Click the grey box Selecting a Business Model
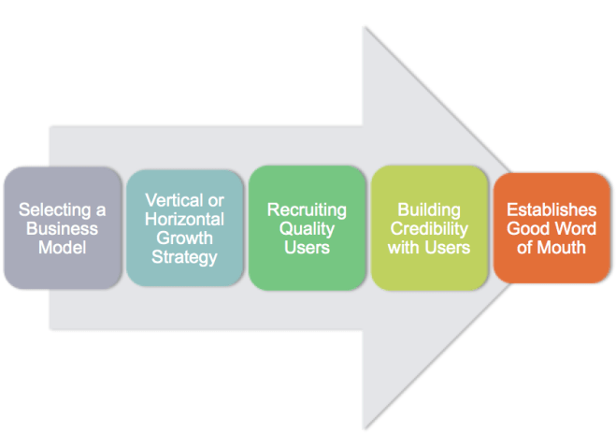pyautogui.click(x=63, y=227)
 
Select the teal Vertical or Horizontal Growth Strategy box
pyautogui.click(x=184, y=227)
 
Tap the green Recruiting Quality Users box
pyautogui.click(x=307, y=227)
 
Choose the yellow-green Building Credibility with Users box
pyautogui.click(x=429, y=227)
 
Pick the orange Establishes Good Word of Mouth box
pyautogui.click(x=552, y=227)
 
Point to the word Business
pyautogui.click(x=63, y=228)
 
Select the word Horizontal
pyautogui.click(x=184, y=219)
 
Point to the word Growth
pyautogui.click(x=184, y=237)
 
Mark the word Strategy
pyautogui.click(x=184, y=255)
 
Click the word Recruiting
pyautogui.click(x=307, y=210)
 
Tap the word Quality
pyautogui.click(x=307, y=228)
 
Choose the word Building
pyautogui.click(x=429, y=210)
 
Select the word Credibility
pyautogui.click(x=429, y=228)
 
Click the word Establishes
pyautogui.click(x=552, y=210)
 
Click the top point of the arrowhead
pyautogui.click(x=365, y=27)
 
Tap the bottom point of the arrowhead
pyautogui.click(x=365, y=426)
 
